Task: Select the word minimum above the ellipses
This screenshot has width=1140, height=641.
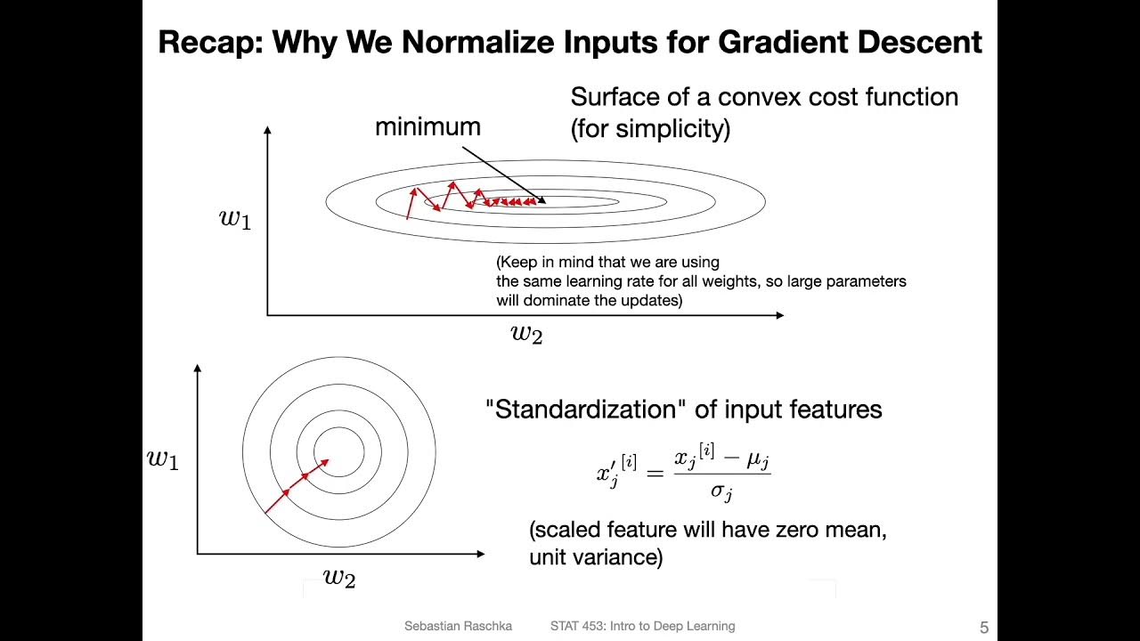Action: click(x=427, y=126)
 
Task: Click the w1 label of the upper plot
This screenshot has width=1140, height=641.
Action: click(x=234, y=219)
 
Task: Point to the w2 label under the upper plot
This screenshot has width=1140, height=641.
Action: click(x=526, y=334)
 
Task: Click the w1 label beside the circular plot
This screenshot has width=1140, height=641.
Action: click(x=163, y=459)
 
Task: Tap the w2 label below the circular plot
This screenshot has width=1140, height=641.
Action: click(x=339, y=579)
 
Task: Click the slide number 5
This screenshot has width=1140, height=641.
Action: click(x=984, y=628)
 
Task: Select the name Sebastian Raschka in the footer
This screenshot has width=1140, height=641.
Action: click(x=458, y=626)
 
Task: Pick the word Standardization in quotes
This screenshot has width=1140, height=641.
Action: click(x=585, y=409)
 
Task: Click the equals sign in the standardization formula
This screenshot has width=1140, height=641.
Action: click(x=655, y=474)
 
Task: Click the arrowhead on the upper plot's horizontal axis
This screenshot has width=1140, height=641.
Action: click(x=779, y=315)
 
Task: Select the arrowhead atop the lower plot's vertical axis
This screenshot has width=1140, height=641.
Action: click(x=198, y=368)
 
